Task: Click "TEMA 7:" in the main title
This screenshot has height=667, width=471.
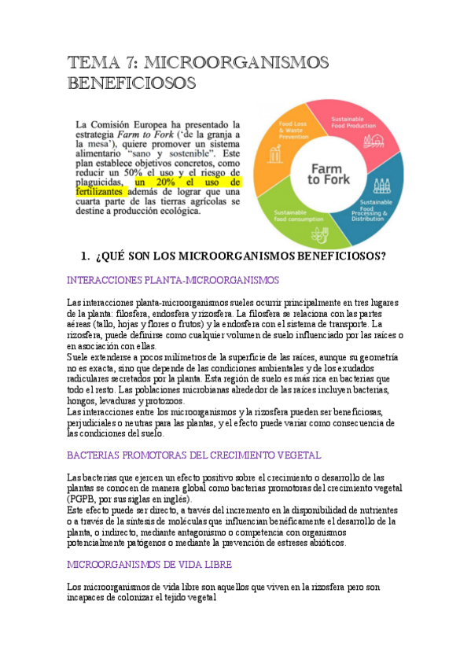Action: coord(102,62)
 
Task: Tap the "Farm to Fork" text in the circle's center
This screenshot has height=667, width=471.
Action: coord(328,174)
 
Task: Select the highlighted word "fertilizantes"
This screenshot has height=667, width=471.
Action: coord(99,191)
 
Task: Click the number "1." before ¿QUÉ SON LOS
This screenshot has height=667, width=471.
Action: coord(86,256)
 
